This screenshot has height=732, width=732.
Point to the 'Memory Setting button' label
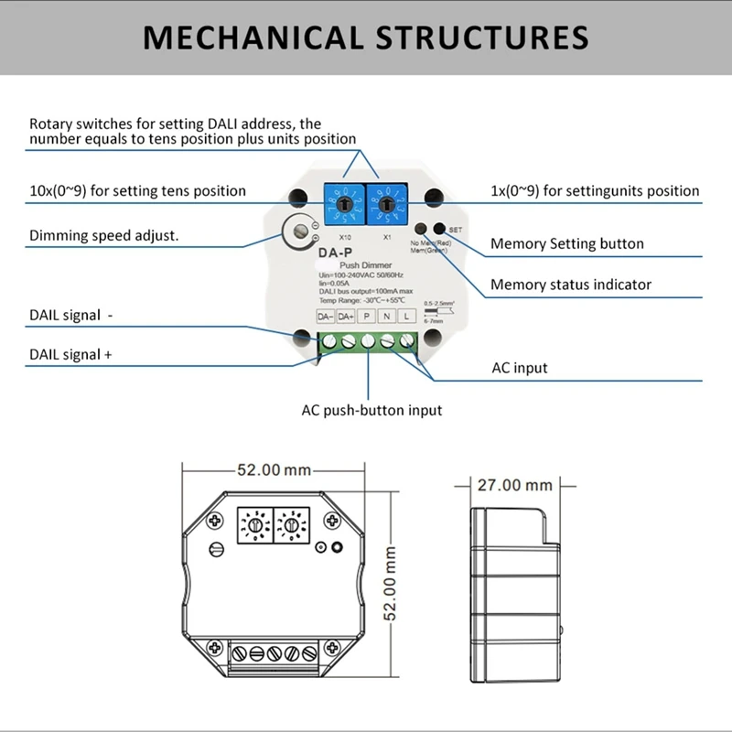tap(566, 243)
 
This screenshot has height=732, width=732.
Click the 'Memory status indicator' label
tap(570, 285)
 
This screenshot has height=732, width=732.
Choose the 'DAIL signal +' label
tap(71, 354)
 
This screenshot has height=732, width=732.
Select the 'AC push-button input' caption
tap(371, 410)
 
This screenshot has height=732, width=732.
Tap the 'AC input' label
tap(520, 368)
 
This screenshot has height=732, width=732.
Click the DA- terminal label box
tap(326, 317)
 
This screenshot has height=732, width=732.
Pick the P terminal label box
tap(366, 317)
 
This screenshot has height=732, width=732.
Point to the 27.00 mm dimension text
tap(515, 485)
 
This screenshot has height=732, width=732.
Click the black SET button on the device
tap(440, 229)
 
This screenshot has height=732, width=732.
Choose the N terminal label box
tap(386, 317)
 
